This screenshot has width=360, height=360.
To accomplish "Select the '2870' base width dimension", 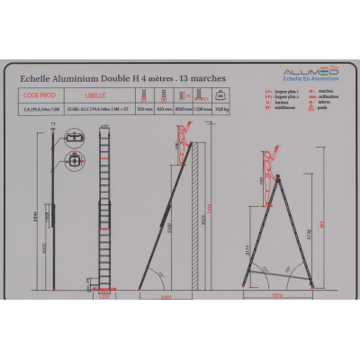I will coord(277,294).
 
